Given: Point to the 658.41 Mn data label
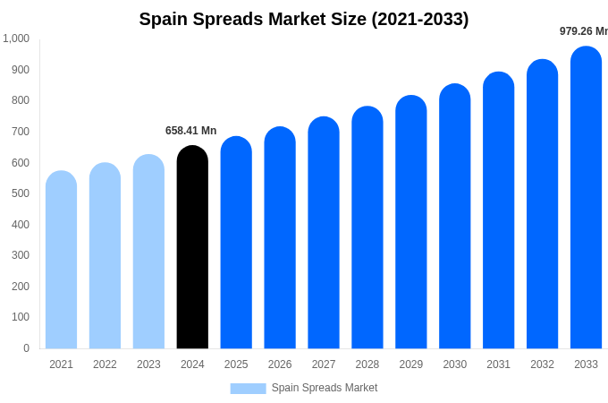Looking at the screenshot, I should (190, 131).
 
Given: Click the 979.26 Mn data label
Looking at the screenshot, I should (584, 31).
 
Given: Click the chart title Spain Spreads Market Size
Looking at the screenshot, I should (304, 19).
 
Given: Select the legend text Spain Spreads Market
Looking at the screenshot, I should (325, 388).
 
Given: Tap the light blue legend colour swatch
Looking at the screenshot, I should (248, 389).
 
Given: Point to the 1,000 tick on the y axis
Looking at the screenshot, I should (16, 39).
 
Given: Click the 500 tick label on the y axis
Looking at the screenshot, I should (20, 193).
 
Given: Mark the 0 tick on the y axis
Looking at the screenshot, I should (26, 348).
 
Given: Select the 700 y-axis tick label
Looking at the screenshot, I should (20, 132).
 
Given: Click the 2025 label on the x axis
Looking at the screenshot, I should (236, 364).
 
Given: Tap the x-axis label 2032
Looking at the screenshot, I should (542, 364).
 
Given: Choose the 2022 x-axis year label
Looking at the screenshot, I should (105, 364).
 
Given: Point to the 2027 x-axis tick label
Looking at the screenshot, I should (324, 364).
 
